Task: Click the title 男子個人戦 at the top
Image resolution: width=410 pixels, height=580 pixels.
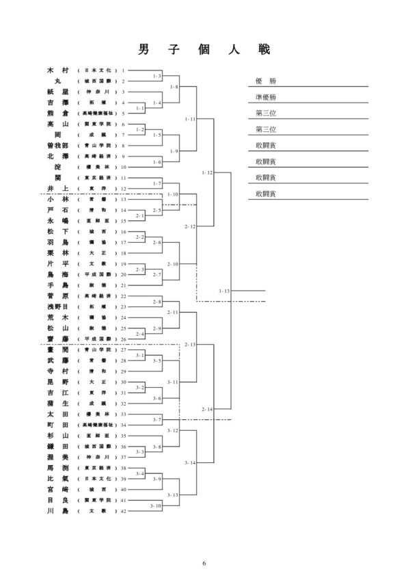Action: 204,50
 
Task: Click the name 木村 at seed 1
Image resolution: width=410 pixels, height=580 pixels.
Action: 57,70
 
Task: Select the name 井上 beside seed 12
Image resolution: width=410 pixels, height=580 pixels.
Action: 57,188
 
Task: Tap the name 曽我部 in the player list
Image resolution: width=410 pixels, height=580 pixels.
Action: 57,146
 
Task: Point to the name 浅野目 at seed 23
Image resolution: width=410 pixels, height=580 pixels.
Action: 57,307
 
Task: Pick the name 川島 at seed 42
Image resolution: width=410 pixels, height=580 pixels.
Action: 57,510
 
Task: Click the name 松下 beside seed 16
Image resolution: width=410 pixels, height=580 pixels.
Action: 57,233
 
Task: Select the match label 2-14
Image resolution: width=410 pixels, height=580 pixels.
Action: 208,409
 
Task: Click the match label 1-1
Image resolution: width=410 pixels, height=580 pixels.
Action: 140,108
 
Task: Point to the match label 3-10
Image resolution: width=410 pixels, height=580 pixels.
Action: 156,505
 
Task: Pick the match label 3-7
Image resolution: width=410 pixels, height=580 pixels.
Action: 156,419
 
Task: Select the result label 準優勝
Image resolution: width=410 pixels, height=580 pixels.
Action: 266,97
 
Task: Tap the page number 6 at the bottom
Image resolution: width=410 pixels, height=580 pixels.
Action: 204,562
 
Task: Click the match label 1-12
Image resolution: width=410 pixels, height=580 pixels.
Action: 208,173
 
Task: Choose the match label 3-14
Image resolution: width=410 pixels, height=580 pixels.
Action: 191,462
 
